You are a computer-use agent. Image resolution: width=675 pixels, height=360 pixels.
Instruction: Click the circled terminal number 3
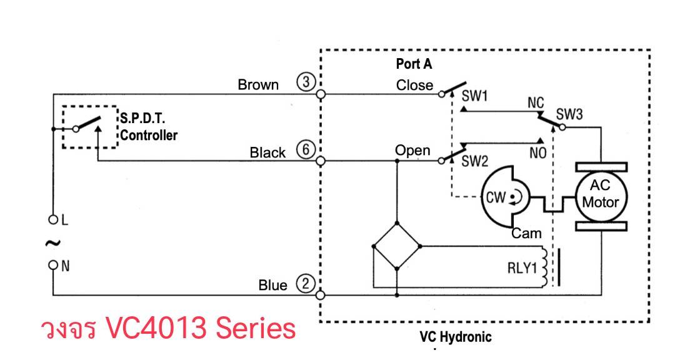[x=306, y=82]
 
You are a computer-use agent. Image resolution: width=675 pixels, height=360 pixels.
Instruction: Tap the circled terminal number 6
[x=306, y=150]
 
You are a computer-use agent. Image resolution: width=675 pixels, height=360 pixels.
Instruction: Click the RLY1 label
[x=522, y=268]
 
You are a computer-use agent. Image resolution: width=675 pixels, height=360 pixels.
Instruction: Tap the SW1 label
[x=474, y=96]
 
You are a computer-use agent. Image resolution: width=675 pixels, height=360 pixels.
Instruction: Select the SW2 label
[x=474, y=161]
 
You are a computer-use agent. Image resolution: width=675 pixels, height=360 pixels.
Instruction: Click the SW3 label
[x=569, y=114]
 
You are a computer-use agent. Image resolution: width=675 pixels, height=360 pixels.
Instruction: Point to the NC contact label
[x=536, y=103]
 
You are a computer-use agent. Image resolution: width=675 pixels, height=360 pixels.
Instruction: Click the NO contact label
[x=537, y=152]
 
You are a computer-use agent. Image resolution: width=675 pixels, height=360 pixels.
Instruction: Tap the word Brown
[x=258, y=84]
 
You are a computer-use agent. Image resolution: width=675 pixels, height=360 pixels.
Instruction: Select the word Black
[x=267, y=152]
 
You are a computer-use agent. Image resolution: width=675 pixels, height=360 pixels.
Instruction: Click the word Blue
[x=272, y=285]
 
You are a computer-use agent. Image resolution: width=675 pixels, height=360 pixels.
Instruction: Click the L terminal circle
[x=53, y=219]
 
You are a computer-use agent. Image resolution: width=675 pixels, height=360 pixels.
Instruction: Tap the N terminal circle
[x=53, y=264]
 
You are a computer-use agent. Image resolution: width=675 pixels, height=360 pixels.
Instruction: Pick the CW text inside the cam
[x=496, y=197]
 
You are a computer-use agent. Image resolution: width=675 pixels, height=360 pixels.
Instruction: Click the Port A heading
[x=414, y=64]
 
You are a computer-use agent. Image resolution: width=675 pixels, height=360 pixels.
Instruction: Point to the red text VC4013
[x=156, y=328]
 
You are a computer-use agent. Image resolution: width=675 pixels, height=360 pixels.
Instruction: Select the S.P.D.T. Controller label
[x=149, y=127]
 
